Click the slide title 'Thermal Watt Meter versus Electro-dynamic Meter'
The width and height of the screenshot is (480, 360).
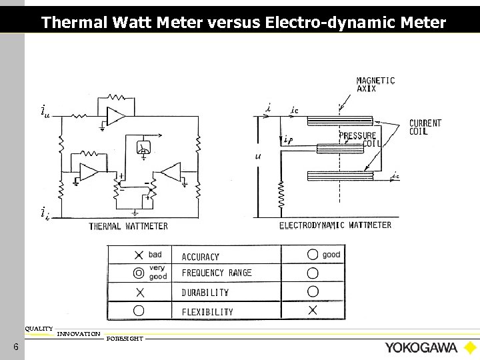click(x=243, y=23)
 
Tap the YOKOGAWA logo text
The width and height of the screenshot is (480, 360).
click(x=420, y=348)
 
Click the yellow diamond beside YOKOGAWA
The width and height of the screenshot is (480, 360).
click(x=470, y=348)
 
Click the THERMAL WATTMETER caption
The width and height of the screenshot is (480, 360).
click(x=129, y=226)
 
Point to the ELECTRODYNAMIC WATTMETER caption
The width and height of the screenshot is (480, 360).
click(x=335, y=225)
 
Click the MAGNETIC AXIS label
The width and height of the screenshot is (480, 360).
click(x=375, y=84)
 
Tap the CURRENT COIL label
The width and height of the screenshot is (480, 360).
click(x=425, y=127)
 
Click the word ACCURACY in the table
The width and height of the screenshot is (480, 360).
click(x=201, y=257)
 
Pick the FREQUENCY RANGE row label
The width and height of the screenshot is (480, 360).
click(x=217, y=273)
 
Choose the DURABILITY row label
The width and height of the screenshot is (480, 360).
click(x=205, y=293)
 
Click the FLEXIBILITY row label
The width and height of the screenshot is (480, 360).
click(x=207, y=311)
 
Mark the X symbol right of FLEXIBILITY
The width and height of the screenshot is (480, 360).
click(x=312, y=310)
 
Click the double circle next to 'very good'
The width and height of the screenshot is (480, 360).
click(x=139, y=273)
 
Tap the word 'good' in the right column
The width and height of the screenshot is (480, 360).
click(x=331, y=255)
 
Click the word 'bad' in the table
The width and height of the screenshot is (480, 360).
click(x=155, y=255)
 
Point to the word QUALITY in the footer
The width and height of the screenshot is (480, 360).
click(x=39, y=328)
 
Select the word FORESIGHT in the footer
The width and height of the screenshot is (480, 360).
click(x=125, y=339)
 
